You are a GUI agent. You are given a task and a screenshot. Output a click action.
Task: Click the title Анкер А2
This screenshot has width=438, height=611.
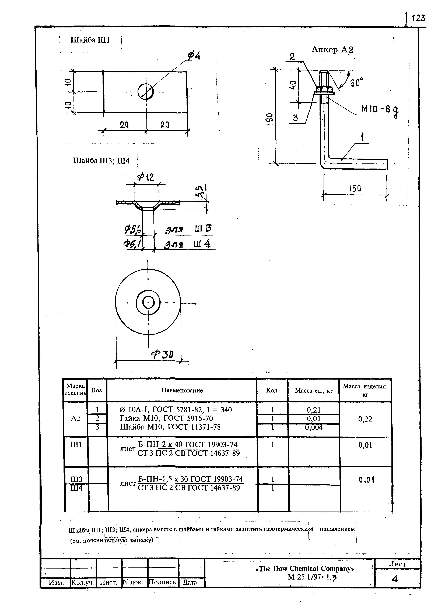pyautogui.click(x=332, y=50)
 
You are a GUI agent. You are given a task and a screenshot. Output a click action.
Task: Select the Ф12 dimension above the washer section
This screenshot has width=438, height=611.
pyautogui.click(x=145, y=177)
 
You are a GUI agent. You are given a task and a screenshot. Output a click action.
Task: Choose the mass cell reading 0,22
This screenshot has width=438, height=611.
pyautogui.click(x=365, y=419)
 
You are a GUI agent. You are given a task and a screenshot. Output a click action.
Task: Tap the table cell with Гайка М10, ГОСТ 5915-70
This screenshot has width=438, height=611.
pyautogui.click(x=166, y=418)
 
